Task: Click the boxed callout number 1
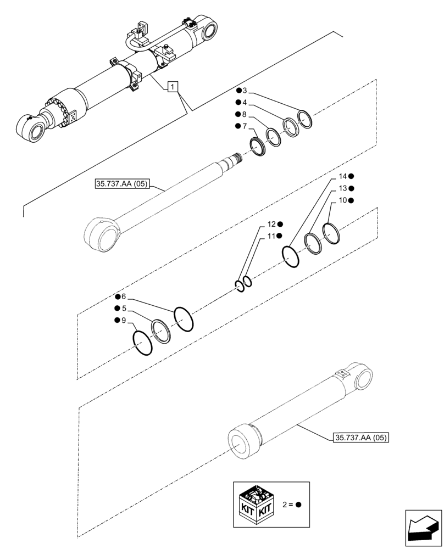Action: coord(173,86)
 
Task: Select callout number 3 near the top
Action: coord(245,91)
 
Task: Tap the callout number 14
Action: coord(342,176)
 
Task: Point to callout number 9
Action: coord(124,320)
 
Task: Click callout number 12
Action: coord(271,225)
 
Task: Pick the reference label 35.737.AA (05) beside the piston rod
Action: coord(122,185)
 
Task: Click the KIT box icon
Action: coord(257,502)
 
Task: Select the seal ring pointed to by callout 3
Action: coord(304,119)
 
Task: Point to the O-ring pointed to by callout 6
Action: coord(184,319)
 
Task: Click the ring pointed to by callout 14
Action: coord(291,256)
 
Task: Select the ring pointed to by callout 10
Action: coord(331,233)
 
